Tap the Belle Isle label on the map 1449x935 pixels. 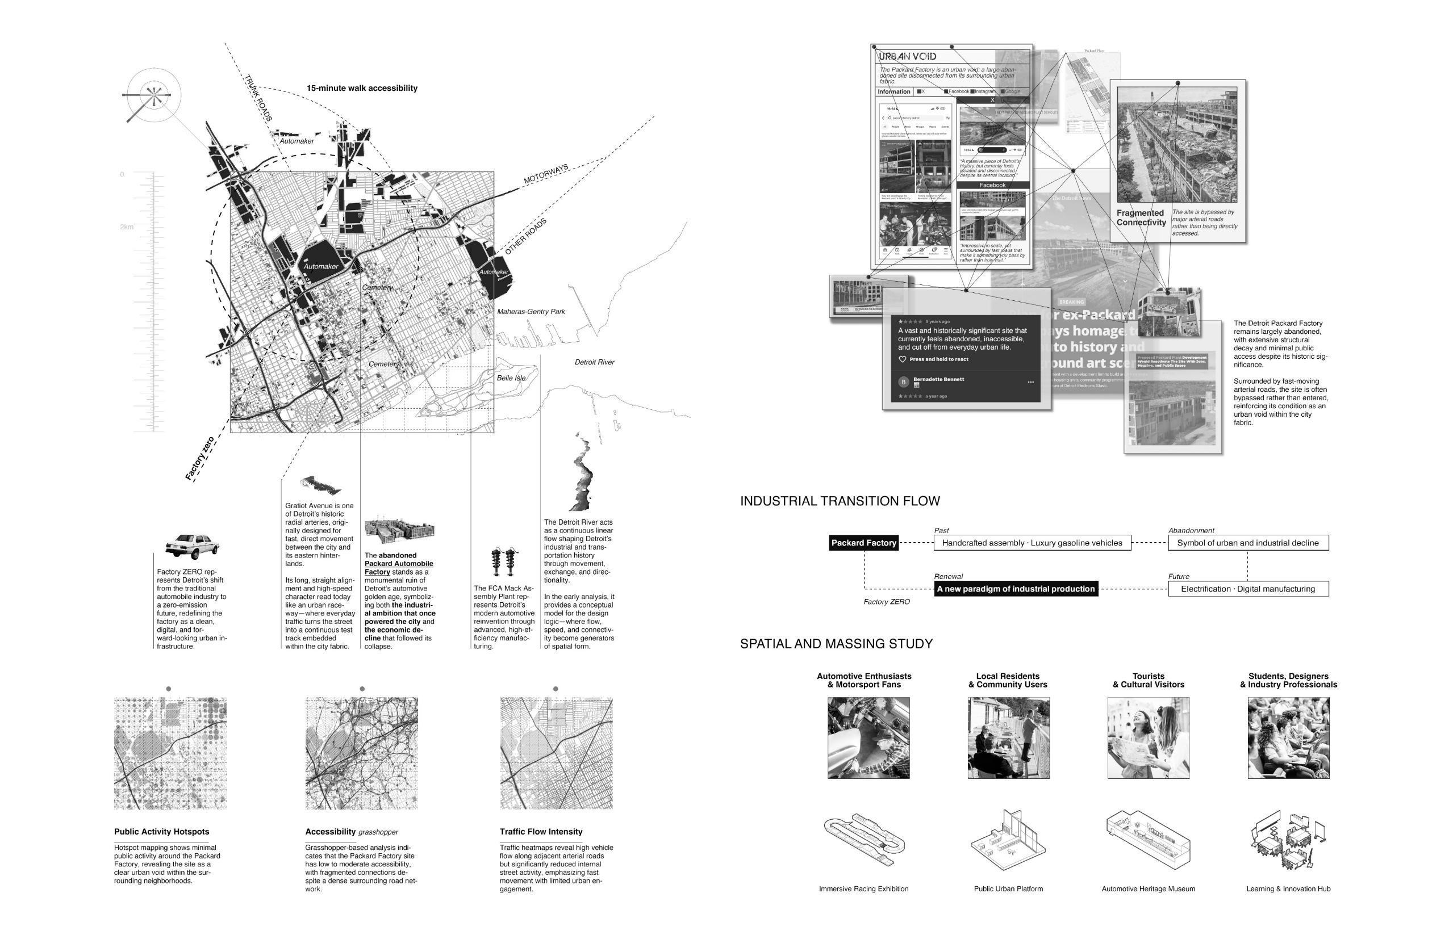click(x=511, y=378)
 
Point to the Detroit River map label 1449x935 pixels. click(x=594, y=362)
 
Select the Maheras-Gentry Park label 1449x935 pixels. click(x=531, y=312)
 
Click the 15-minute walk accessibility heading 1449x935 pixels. click(x=362, y=89)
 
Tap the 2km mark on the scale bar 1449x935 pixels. click(x=127, y=227)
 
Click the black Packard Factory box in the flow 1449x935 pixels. click(x=863, y=543)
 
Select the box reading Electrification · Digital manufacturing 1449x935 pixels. click(x=1247, y=589)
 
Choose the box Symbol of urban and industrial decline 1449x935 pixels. click(x=1247, y=543)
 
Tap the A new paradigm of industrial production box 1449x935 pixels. click(x=1016, y=589)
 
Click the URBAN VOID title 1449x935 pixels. click(x=907, y=56)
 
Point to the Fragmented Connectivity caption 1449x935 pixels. click(x=1141, y=218)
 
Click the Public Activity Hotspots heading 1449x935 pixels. click(x=161, y=832)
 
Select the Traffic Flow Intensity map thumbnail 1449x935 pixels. click(x=556, y=753)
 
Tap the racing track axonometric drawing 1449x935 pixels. click(x=863, y=840)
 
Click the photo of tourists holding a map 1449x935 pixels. click(x=1148, y=737)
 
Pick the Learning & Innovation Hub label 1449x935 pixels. click(x=1288, y=889)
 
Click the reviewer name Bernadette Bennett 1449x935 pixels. click(x=938, y=379)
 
